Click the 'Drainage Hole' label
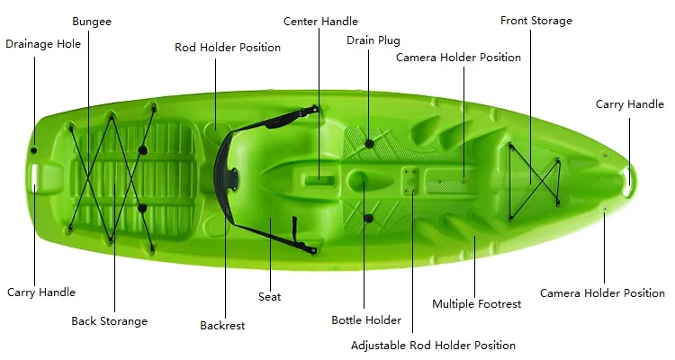tap(43, 43)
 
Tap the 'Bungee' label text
tap(91, 21)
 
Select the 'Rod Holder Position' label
tap(228, 48)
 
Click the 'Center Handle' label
tap(320, 21)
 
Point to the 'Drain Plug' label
tap(373, 40)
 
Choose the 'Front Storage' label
tap(536, 21)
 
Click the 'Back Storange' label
tap(110, 320)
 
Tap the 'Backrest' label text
tap(222, 326)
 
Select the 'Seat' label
tap(270, 297)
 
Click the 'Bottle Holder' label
tap(366, 320)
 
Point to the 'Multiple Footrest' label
tap(477, 304)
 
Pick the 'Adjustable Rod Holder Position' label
tap(433, 346)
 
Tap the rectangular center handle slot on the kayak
tap(319, 179)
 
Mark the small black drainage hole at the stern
tap(34, 149)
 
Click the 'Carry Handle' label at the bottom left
tap(41, 292)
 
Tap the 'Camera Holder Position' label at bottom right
tap(602, 293)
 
